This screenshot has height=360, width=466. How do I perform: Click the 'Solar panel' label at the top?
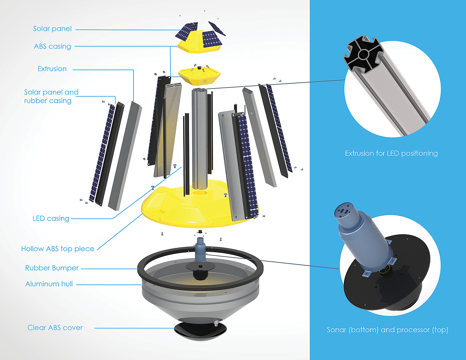(x=52, y=29)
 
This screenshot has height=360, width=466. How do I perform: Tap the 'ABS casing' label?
(x=52, y=46)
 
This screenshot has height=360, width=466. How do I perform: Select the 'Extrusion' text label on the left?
(x=52, y=69)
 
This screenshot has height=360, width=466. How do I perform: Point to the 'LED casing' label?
(x=51, y=218)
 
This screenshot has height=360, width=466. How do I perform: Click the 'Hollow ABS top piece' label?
(x=58, y=249)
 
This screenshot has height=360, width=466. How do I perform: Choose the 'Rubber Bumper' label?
(x=52, y=268)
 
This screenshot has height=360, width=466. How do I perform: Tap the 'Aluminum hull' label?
(x=49, y=284)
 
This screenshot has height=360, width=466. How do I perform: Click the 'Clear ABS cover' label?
(x=55, y=328)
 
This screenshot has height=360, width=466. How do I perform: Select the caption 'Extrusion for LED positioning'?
(x=391, y=153)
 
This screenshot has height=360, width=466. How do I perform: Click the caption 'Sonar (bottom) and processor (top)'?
(x=387, y=330)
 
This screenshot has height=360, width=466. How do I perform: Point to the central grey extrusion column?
(x=199, y=139)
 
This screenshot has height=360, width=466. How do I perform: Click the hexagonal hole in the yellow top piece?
(x=199, y=193)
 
